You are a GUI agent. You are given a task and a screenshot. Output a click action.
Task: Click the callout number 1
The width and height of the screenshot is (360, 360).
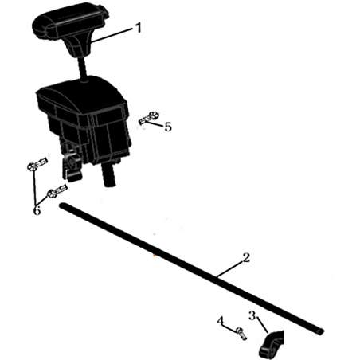(138, 28)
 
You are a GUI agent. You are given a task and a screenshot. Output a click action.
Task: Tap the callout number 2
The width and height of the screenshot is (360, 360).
(246, 257)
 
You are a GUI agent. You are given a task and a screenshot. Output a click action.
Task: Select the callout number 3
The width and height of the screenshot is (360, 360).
(252, 315)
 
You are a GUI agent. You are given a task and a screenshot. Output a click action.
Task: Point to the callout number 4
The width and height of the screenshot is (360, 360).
(221, 321)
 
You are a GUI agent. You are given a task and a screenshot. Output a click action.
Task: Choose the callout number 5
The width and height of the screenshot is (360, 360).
(168, 127)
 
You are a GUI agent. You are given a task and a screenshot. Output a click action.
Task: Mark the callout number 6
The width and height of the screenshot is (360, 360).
(37, 211)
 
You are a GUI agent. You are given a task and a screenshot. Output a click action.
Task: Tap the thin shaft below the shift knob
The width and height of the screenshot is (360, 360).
(82, 68)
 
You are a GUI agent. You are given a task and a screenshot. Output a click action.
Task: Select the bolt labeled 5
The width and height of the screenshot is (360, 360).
(149, 119)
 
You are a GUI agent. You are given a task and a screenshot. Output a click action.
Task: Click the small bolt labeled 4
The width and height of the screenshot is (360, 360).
(241, 334)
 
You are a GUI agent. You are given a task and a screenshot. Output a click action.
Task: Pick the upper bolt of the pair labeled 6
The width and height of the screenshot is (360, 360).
(37, 164)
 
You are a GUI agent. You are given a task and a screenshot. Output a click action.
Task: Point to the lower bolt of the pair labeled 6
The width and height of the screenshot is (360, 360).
(57, 191)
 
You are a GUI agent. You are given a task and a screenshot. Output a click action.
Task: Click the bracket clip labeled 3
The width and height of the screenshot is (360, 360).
(272, 345)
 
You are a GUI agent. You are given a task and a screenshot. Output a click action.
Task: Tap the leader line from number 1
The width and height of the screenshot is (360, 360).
(112, 36)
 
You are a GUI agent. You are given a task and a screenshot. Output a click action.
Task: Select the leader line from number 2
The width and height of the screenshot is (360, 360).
(230, 269)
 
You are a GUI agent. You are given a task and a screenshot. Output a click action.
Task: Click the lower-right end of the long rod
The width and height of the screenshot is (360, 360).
(321, 331)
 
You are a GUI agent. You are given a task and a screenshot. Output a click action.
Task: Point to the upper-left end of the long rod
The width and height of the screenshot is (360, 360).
(62, 205)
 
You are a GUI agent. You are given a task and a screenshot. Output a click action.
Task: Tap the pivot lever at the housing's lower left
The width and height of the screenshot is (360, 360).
(71, 166)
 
